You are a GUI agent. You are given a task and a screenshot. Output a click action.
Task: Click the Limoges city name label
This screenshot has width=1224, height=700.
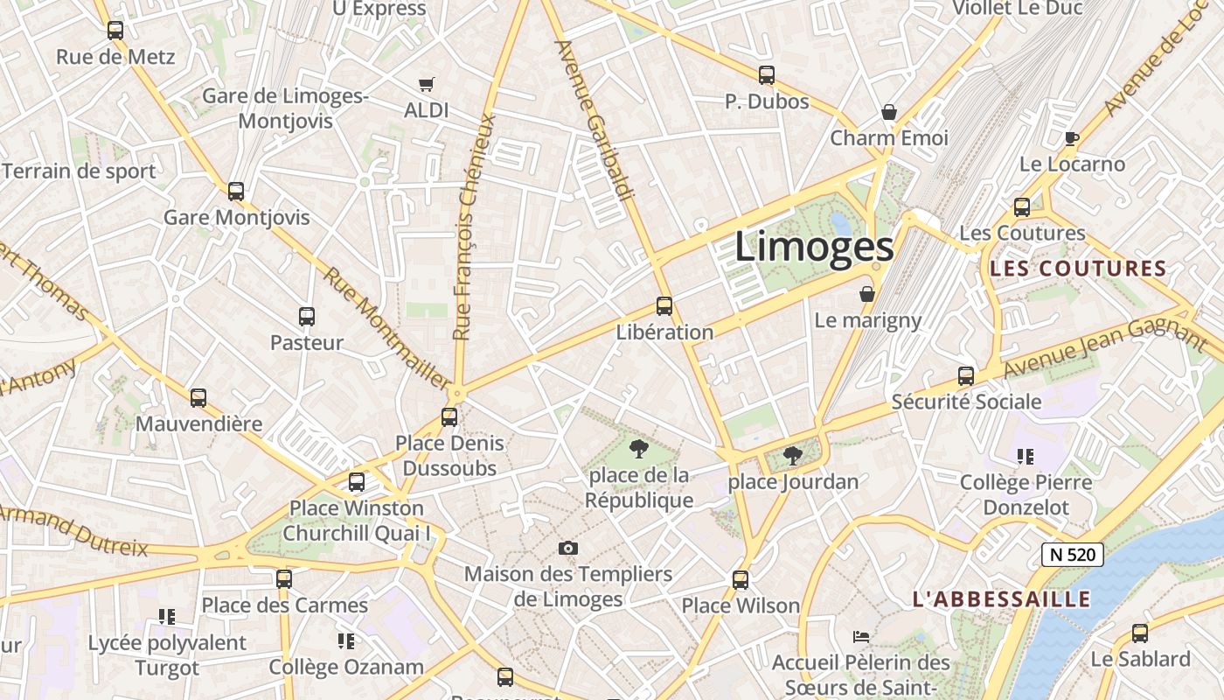[814, 246]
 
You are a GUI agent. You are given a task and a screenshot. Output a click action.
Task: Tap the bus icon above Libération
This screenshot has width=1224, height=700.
[664, 306]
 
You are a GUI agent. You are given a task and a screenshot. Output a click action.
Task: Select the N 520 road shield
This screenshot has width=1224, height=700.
[1073, 554]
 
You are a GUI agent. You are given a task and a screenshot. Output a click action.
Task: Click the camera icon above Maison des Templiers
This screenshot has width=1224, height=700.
[568, 548]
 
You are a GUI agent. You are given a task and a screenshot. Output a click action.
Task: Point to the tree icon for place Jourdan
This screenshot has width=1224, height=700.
[793, 455]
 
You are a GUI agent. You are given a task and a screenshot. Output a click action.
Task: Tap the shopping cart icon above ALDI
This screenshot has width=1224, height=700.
[426, 85]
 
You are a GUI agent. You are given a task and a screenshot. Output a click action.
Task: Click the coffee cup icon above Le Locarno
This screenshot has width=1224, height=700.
[1072, 138]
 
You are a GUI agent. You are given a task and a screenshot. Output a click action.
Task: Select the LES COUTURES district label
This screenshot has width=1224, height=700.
[1078, 269]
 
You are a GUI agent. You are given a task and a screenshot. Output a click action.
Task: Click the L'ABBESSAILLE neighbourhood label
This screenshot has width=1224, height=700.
[1001, 599]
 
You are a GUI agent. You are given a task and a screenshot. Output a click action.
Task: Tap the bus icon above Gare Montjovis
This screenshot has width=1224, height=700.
[236, 192]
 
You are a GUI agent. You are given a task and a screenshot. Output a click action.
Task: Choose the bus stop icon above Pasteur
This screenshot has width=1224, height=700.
[306, 317]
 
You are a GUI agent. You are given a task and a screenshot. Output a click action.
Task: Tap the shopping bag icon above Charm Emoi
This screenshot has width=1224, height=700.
[889, 112]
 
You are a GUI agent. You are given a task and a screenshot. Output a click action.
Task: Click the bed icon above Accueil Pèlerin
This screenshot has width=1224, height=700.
[861, 636]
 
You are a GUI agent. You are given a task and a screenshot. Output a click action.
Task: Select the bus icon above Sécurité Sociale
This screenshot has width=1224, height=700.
[966, 376]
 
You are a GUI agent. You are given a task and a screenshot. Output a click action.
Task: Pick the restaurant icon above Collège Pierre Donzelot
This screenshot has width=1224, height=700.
[1026, 456]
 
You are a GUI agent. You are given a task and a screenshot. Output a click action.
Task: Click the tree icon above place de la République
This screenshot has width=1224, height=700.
[639, 450]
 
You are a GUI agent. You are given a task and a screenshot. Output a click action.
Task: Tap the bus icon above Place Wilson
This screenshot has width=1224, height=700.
[741, 579]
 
